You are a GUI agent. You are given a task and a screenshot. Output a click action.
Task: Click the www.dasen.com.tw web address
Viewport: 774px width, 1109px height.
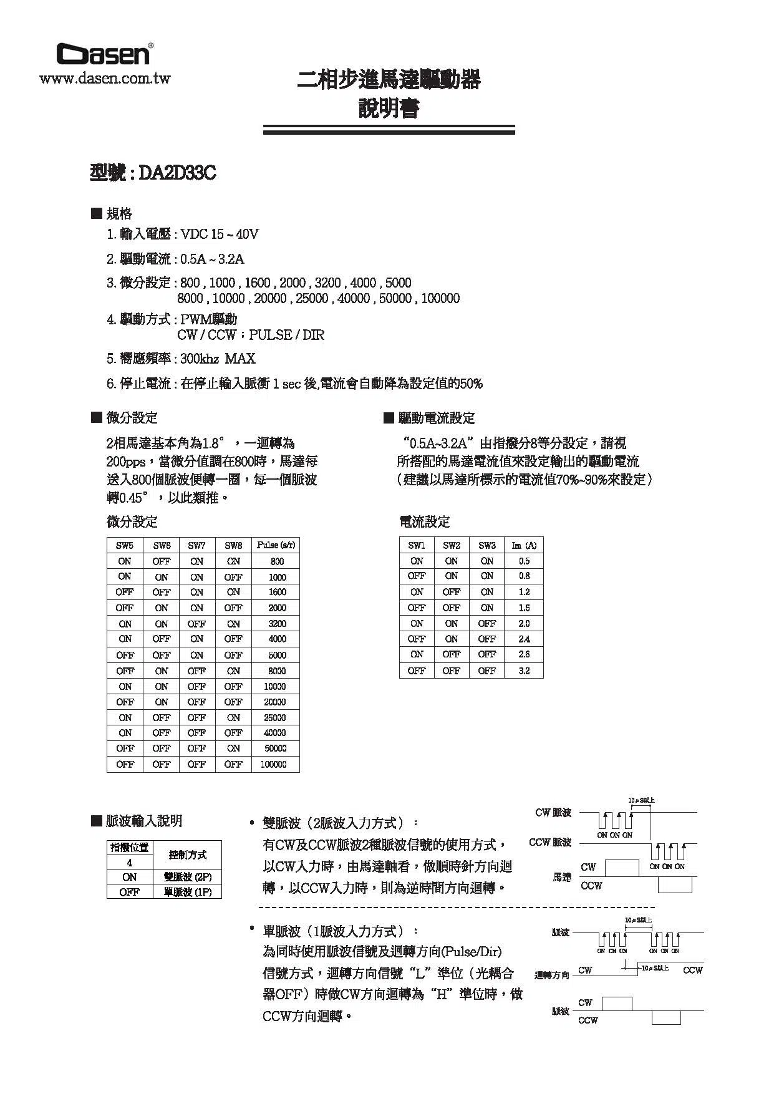click(105, 79)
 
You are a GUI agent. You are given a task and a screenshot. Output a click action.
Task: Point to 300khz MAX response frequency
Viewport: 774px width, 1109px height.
click(218, 359)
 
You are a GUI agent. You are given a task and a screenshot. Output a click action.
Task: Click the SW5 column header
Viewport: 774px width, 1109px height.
click(125, 545)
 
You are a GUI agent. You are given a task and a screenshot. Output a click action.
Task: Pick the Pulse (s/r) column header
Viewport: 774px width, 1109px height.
click(276, 545)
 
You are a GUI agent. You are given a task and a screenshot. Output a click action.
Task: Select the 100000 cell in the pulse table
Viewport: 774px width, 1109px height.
click(274, 764)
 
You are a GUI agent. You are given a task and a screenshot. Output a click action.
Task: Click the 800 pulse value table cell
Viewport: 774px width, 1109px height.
click(277, 561)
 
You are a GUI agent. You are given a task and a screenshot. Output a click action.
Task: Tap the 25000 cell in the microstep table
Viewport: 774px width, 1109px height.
click(274, 717)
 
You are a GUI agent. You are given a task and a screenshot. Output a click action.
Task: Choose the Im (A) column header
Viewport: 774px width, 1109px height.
click(524, 545)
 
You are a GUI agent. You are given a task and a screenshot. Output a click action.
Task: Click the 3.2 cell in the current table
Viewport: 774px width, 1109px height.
click(524, 671)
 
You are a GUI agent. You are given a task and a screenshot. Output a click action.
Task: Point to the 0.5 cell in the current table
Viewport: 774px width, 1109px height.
click(524, 561)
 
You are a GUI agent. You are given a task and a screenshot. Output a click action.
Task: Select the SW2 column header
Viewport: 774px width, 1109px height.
click(452, 545)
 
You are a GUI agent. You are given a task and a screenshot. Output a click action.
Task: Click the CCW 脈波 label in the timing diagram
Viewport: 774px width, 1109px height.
click(550, 843)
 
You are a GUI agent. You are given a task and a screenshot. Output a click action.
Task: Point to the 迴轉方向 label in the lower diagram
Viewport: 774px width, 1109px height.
click(552, 975)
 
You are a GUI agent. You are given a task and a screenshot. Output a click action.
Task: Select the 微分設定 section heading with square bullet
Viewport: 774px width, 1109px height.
click(125, 418)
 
